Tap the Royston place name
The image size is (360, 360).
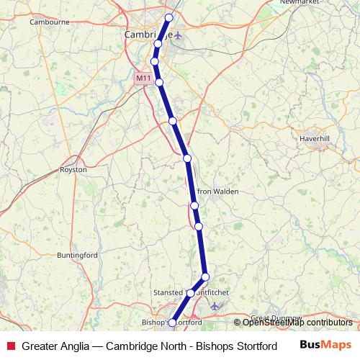click(73, 170)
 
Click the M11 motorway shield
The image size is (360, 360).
click(143, 78)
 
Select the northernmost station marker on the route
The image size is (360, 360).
click(169, 17)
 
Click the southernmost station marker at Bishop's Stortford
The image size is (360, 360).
click(172, 323)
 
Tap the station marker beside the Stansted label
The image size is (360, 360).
click(191, 293)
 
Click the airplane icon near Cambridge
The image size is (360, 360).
click(179, 35)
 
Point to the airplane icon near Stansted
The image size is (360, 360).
click(215, 307)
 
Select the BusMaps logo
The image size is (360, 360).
click(326, 345)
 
